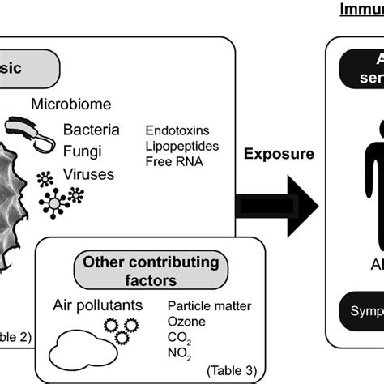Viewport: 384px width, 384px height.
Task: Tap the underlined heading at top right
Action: (x=361, y=10)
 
